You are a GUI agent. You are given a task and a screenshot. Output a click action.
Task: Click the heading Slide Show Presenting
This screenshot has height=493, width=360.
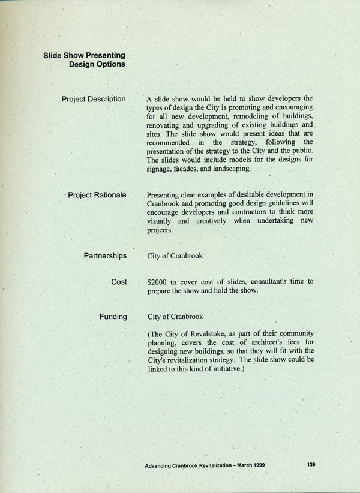click(84, 55)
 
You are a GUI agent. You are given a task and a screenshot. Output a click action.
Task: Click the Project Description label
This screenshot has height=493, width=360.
click(94, 99)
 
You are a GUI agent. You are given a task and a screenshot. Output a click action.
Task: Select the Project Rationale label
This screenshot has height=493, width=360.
click(97, 195)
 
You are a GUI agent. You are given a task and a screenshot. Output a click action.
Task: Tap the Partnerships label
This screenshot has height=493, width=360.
click(105, 256)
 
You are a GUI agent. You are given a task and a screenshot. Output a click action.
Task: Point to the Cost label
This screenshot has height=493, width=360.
click(119, 281)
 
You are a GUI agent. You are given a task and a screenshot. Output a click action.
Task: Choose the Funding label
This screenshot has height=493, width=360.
click(113, 316)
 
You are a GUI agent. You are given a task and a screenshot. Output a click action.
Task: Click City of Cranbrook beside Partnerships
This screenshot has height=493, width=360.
click(175, 257)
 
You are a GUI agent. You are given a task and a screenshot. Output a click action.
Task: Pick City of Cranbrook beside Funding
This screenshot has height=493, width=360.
click(175, 317)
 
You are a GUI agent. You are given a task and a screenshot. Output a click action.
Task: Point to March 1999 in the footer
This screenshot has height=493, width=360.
click(249, 465)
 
